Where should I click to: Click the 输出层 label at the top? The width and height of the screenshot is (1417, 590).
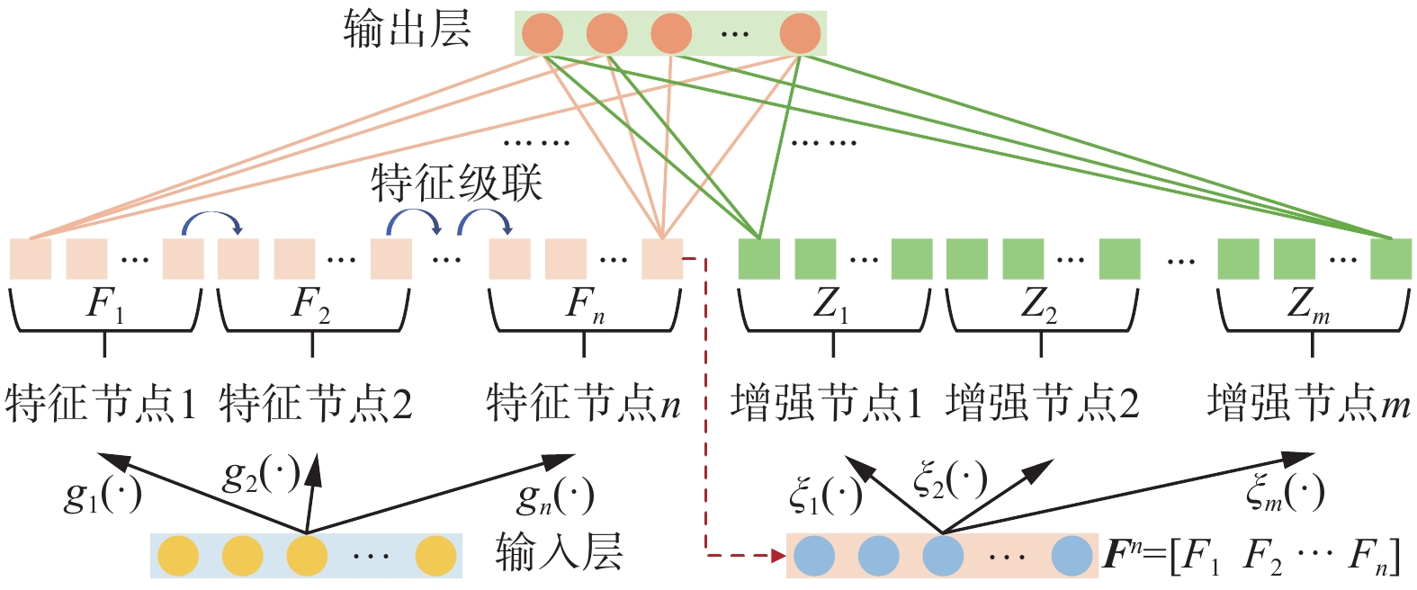(407, 31)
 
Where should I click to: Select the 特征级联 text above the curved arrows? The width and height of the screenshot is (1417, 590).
(456, 183)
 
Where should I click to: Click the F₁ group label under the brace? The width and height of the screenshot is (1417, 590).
(104, 306)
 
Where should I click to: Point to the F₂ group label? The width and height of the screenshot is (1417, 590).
(311, 306)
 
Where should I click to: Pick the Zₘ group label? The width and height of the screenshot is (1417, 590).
(1308, 306)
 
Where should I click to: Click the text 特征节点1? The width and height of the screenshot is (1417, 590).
(101, 404)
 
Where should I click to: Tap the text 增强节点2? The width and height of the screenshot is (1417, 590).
(1042, 404)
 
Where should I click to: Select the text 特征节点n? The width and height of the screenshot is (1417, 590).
(583, 404)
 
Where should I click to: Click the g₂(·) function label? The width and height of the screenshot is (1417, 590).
(261, 476)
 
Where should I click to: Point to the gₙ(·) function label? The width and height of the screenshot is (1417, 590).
(555, 496)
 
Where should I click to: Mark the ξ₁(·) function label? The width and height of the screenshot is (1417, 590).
(825, 496)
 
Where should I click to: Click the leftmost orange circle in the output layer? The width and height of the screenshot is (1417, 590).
(543, 33)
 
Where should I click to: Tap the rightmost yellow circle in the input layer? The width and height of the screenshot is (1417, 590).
(436, 556)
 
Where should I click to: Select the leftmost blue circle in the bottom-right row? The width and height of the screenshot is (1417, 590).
(815, 556)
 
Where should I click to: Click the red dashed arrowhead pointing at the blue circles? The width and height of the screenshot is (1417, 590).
(778, 556)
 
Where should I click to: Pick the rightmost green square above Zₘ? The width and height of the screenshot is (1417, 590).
(1391, 259)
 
